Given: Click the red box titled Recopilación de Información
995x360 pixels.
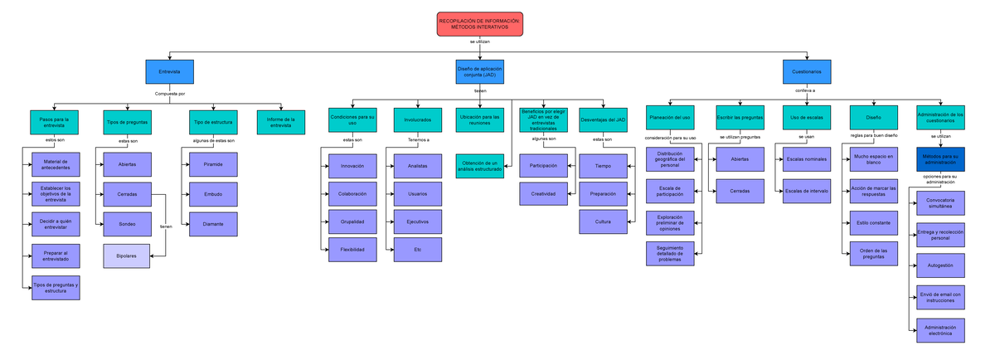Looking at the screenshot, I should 479,24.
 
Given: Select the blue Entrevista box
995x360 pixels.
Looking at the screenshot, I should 169,72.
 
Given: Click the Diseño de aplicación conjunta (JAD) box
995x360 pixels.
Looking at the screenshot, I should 479,72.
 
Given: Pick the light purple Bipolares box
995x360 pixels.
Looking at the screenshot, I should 126,256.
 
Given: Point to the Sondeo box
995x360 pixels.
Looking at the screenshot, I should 126,224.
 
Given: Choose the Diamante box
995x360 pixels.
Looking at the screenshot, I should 212,224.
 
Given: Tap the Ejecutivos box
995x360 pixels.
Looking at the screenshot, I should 417,222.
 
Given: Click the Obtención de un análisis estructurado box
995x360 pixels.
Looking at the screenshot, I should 478,166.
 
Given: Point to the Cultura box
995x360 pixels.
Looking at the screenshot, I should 603,221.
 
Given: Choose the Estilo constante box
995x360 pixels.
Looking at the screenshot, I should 874,223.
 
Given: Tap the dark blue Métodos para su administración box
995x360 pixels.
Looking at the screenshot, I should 939,159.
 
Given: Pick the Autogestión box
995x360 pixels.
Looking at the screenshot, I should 939,266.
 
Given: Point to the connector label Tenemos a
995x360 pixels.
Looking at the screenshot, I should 418,140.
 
